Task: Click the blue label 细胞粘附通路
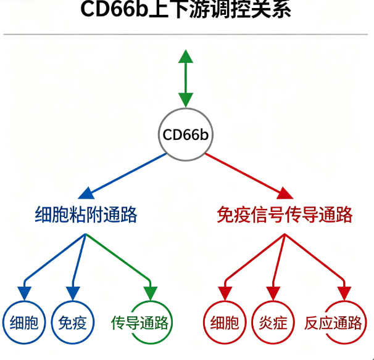pos(86,215)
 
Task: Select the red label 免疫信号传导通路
pos(285,215)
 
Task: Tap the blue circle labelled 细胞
pos(25,322)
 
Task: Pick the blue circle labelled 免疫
pos(72,322)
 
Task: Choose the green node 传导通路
pos(141,322)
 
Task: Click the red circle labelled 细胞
pos(224,322)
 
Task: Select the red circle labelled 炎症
pos(272,322)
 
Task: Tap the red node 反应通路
pos(334,322)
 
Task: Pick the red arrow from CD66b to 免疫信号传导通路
pos(247,174)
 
